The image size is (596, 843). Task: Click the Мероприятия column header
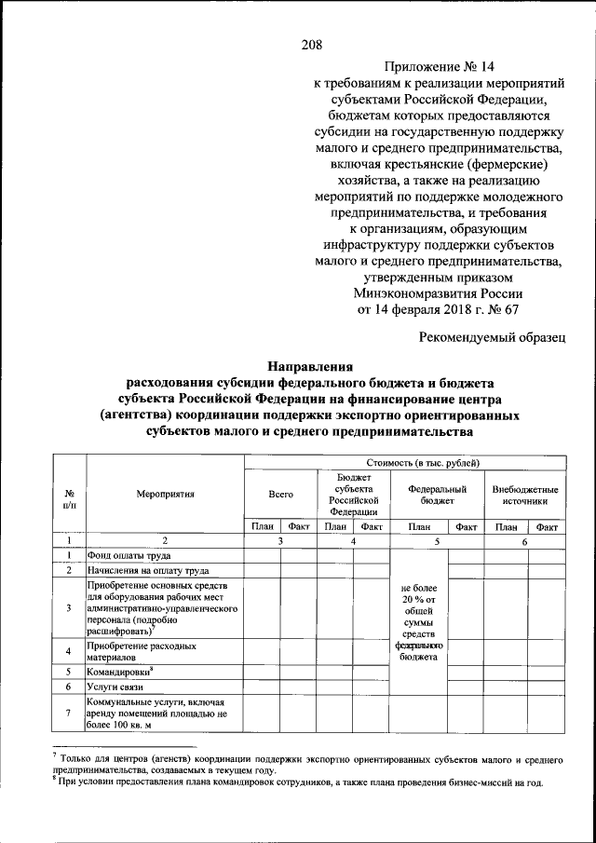tap(164, 494)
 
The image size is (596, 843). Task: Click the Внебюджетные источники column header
tap(524, 494)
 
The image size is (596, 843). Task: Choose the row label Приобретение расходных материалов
tap(141, 649)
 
